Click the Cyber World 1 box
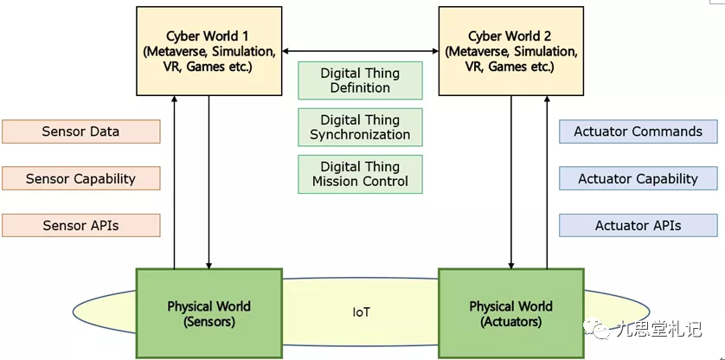(209, 51)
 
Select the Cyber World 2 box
(510, 51)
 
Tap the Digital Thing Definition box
(360, 80)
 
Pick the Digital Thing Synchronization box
(360, 127)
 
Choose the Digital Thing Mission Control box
(360, 174)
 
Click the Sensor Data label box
(80, 132)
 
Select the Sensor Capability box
(80, 179)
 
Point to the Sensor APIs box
(80, 226)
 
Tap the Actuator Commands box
(638, 132)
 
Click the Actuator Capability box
(638, 179)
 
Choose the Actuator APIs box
(638, 226)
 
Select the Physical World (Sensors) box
(209, 313)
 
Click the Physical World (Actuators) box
(510, 313)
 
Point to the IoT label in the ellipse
(361, 312)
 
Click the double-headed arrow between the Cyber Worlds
(360, 52)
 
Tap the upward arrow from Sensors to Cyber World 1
(175, 182)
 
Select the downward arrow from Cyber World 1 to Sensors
(209, 182)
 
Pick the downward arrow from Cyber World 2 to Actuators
(511, 182)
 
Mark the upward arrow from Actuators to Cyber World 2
(546, 182)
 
